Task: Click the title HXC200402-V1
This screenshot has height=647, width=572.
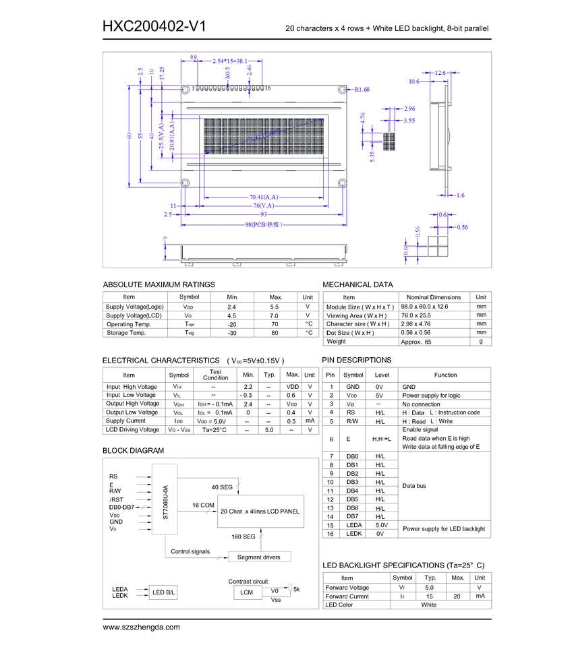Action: click(x=154, y=26)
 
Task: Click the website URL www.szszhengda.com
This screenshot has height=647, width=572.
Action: click(x=141, y=627)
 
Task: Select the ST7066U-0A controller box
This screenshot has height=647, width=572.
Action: click(x=165, y=499)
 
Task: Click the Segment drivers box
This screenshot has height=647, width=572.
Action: click(x=259, y=557)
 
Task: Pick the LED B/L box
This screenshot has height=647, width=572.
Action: click(x=163, y=592)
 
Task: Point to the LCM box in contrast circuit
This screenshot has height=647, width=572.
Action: click(x=246, y=592)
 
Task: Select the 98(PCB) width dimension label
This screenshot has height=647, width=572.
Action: click(x=263, y=224)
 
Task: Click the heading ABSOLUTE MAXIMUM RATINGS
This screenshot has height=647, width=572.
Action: click(x=159, y=284)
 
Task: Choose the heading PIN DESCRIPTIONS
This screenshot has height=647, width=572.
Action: click(x=356, y=360)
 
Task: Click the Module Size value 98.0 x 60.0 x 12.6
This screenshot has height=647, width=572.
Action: click(x=424, y=307)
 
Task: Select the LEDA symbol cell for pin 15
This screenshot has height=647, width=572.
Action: click(x=353, y=525)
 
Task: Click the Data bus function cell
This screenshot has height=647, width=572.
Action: click(x=415, y=486)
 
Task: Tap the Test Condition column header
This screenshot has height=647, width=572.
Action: click(x=215, y=375)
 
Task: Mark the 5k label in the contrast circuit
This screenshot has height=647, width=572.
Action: click(x=296, y=589)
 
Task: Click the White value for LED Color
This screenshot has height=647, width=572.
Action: click(x=428, y=605)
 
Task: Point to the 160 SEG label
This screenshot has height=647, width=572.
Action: click(x=244, y=536)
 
